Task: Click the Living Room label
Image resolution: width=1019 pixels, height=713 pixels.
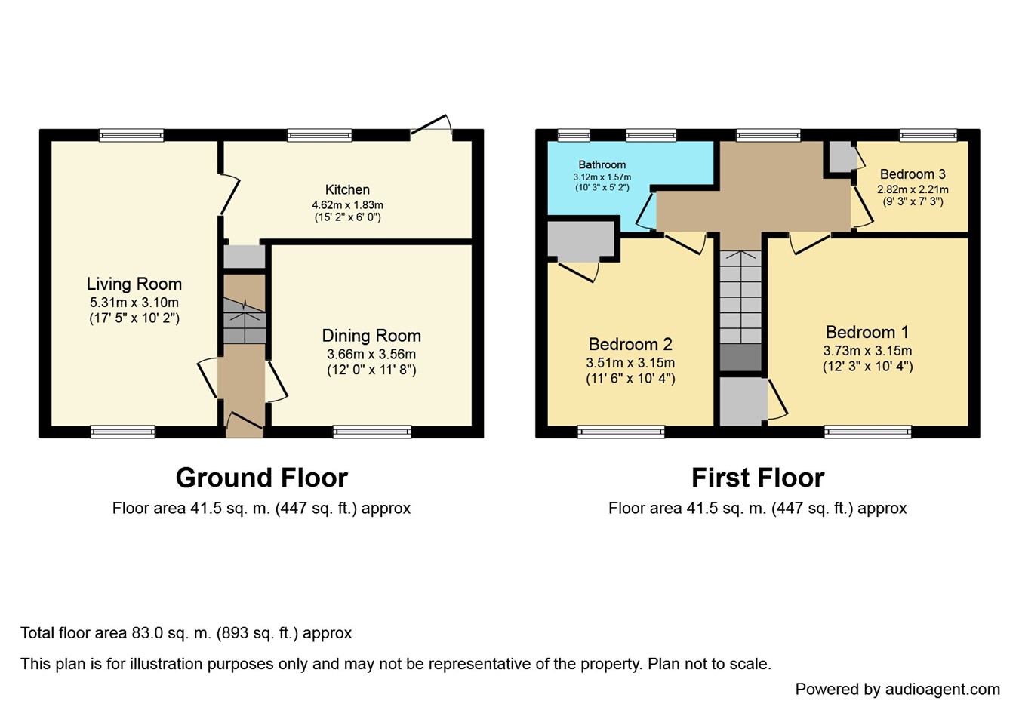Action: coord(134,284)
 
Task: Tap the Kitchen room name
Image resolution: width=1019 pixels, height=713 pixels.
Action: coord(347,189)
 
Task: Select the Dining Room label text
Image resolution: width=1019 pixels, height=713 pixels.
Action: coord(371,336)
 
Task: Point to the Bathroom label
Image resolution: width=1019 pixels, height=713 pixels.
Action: coord(602,164)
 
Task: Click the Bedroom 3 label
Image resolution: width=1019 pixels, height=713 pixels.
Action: coord(913,174)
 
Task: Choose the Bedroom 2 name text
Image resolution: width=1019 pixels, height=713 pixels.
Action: coord(630,344)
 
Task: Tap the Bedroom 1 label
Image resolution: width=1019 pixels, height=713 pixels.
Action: coord(867,333)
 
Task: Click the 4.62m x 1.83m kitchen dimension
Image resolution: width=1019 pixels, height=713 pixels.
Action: coord(347,205)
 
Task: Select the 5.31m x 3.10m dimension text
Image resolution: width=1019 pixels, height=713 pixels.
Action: coord(134,303)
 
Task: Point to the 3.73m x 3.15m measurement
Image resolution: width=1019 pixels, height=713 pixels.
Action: coord(867,351)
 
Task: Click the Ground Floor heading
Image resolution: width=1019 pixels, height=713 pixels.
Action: coord(262,478)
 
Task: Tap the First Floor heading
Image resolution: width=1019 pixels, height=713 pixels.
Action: coord(758,478)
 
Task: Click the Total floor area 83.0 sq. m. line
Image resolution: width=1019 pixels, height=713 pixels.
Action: coord(186,633)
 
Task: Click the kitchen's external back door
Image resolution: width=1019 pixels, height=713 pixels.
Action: coord(431,126)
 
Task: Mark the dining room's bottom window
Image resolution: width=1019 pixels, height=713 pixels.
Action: coord(371,432)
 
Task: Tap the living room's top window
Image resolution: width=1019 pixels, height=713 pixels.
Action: coord(131,135)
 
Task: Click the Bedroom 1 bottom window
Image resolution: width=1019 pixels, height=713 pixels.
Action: coord(867,432)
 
